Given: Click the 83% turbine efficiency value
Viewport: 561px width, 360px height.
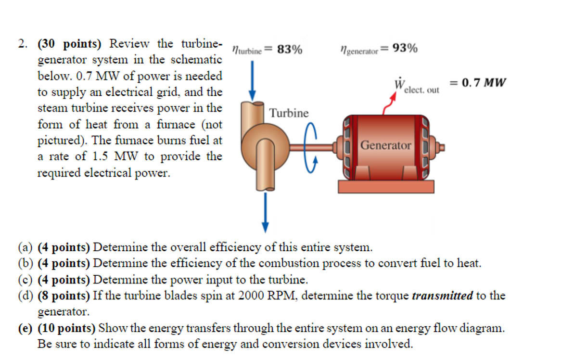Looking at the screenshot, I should pos(290,50).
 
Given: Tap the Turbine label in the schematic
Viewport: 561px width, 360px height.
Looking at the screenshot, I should pos(289,113).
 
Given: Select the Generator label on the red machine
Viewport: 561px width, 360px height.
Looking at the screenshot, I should pos(386,145).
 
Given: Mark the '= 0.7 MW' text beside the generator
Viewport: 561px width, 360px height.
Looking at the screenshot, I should pos(478,83).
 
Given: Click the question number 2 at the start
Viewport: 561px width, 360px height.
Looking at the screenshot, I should pos(22,44).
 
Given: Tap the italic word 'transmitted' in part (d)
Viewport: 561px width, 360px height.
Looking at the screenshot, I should pos(442,296).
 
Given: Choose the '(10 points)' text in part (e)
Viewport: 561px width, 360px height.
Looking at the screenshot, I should pos(67,328).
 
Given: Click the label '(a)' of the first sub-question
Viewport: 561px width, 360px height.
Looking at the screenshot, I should pos(25,247).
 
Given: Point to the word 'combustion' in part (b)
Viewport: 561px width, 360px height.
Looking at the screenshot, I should pos(288,263).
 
